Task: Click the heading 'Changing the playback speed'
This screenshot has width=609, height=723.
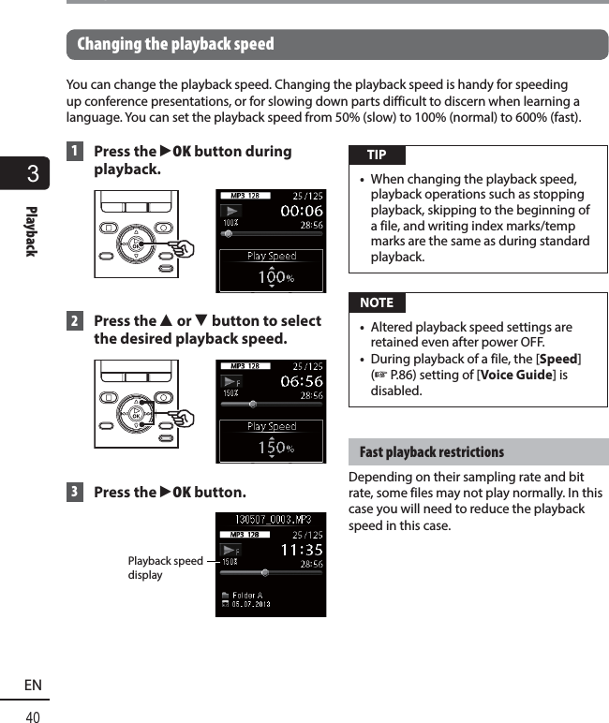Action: (175, 44)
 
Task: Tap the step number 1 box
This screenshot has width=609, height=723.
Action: (74, 152)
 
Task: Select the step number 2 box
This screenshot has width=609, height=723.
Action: (74, 321)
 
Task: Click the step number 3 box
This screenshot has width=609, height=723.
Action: (74, 493)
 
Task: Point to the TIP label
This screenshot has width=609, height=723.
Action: (376, 155)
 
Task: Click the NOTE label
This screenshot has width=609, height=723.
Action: (376, 302)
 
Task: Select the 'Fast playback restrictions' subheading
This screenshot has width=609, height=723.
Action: (431, 452)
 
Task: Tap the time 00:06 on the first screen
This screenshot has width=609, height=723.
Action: (295, 212)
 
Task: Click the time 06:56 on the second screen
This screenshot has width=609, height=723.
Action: (295, 382)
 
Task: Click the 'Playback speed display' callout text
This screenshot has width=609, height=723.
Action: (165, 568)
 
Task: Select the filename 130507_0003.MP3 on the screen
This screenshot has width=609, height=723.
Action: (270, 519)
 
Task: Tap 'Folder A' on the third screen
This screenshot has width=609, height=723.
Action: (247, 595)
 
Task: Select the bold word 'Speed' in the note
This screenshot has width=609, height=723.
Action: (559, 360)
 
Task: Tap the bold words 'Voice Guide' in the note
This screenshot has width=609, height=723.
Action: (513, 376)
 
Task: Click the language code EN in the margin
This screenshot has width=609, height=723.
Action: (33, 686)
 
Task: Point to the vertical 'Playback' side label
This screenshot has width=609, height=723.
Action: (31, 230)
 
